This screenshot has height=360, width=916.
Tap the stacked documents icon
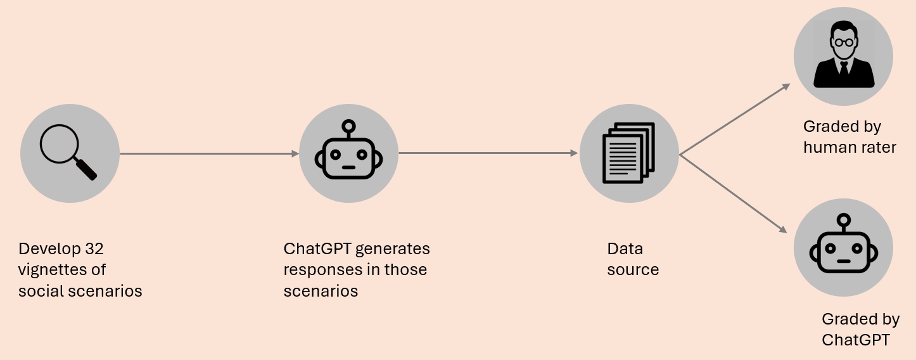(x=629, y=153)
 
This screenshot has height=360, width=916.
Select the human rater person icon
(x=844, y=54)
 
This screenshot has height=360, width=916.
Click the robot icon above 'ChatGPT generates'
(x=348, y=150)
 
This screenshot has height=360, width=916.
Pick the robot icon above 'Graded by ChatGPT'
(x=843, y=243)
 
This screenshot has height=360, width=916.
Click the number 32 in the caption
(x=94, y=248)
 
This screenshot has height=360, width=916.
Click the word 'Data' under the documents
(x=625, y=248)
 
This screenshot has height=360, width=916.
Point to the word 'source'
(x=633, y=270)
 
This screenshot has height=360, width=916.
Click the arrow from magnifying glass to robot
(x=210, y=153)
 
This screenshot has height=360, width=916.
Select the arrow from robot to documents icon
(x=488, y=153)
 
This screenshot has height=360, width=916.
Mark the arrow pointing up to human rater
(x=735, y=119)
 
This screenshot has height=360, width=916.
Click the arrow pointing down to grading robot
(x=733, y=194)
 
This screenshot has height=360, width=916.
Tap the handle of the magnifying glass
(x=86, y=169)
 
